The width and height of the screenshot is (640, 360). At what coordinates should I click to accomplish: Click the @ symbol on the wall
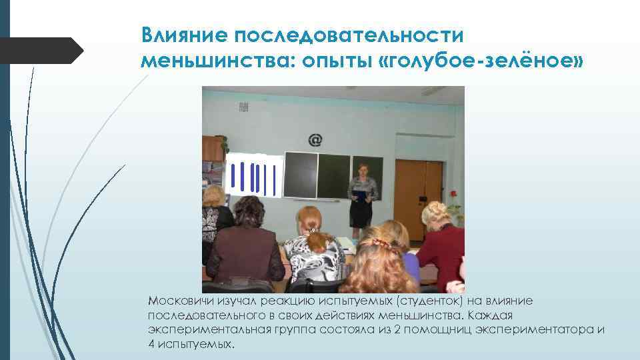(315, 139)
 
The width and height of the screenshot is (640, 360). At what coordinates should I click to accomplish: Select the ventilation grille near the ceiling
(243, 105)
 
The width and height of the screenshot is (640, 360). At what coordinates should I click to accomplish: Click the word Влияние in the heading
(181, 33)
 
